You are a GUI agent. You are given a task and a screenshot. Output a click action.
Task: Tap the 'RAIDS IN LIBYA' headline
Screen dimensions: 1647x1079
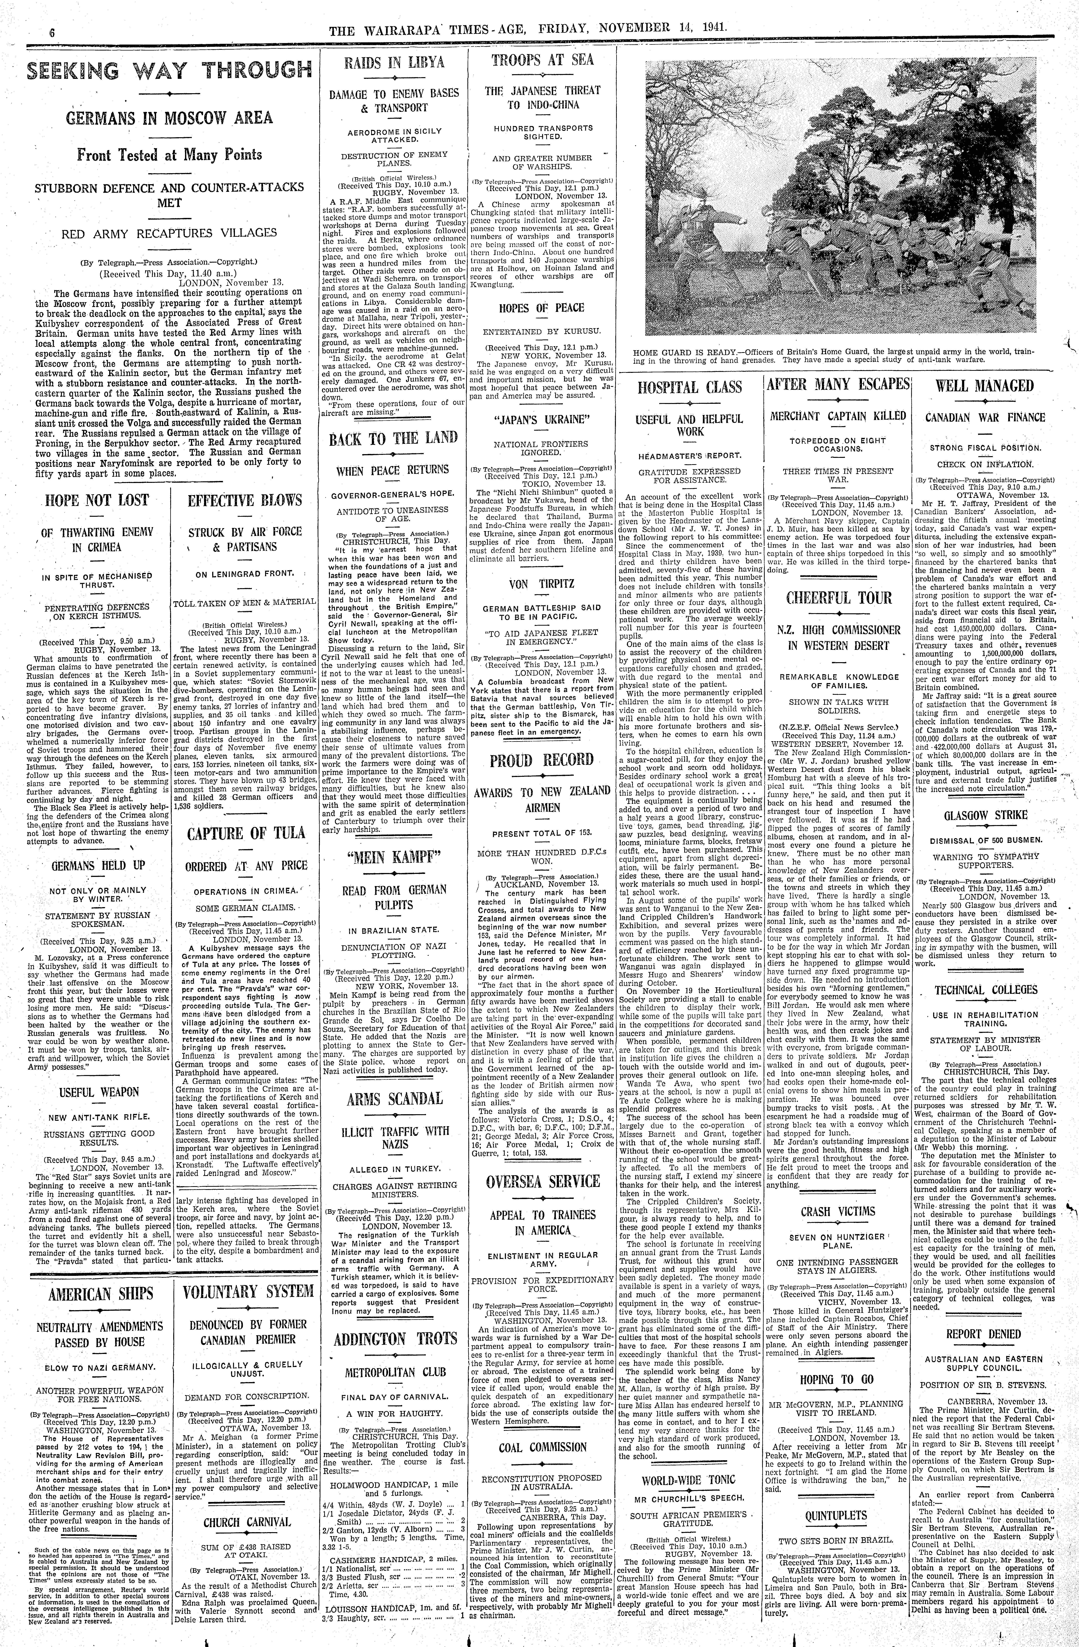tap(395, 62)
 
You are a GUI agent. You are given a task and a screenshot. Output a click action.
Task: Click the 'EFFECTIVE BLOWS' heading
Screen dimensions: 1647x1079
tap(245, 500)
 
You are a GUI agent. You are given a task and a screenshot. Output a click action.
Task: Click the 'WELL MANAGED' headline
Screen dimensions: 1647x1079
tap(985, 386)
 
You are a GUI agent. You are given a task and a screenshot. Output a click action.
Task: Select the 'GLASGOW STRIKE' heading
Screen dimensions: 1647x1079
tap(985, 814)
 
